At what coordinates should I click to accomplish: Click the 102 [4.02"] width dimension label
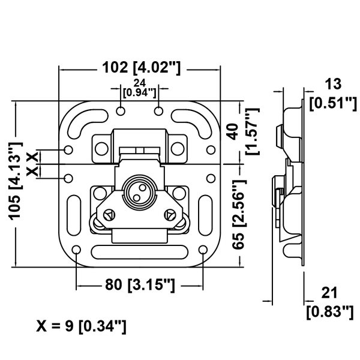tap(142, 68)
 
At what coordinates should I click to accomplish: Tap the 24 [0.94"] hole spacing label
tap(140, 88)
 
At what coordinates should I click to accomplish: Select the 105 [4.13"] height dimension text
tap(16, 181)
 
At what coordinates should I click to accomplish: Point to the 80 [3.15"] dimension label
tap(140, 285)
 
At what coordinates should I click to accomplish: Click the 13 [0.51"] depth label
tap(333, 94)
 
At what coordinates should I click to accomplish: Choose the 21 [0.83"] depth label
tap(329, 302)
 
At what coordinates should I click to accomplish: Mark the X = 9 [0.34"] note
tap(81, 326)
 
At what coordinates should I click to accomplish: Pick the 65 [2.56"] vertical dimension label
tap(239, 215)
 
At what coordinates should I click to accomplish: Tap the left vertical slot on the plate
tap(74, 215)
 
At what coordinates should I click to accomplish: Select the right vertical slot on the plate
tap(205, 215)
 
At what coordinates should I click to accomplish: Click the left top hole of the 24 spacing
tap(121, 111)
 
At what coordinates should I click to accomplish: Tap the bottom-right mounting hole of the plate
tap(203, 250)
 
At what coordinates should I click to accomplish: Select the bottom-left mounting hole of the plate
tap(76, 250)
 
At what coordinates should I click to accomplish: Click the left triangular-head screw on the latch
tap(109, 215)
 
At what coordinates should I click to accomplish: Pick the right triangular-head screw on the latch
tap(170, 215)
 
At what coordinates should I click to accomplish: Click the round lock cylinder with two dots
tap(140, 193)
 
